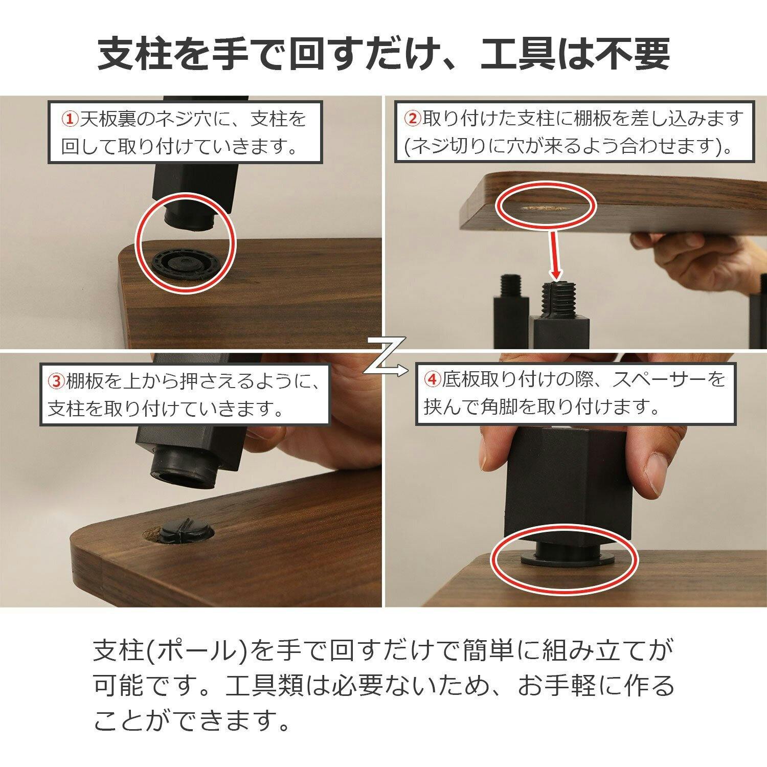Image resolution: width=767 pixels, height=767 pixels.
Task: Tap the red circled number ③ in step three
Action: [55, 381]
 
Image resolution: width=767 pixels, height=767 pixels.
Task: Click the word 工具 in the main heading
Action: [512, 55]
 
